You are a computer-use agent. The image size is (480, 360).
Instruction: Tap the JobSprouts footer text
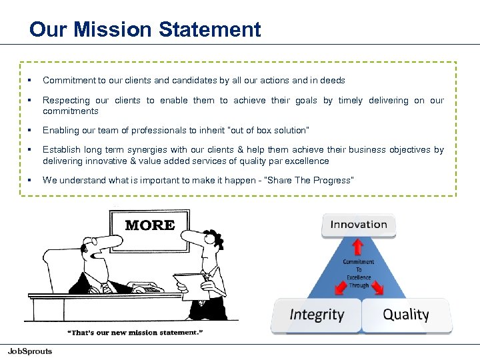[29, 351]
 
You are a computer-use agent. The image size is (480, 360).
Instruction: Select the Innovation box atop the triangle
[359, 225]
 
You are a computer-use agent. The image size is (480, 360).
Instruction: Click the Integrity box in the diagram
[317, 315]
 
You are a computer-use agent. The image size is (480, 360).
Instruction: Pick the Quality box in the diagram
[406, 315]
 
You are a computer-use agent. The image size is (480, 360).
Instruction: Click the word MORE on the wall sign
[150, 225]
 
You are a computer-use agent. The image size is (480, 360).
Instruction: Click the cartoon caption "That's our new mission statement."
[135, 332]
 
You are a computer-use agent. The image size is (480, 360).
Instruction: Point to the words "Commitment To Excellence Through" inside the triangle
[358, 273]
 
